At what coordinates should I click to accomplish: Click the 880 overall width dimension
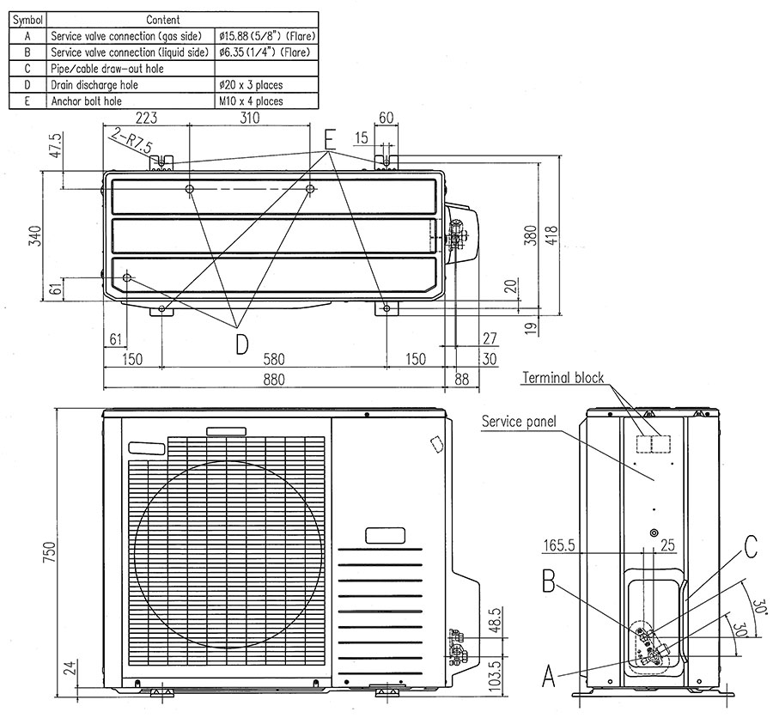tap(274, 379)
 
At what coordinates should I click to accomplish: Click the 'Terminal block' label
tap(563, 378)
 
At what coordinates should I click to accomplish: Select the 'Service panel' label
tap(519, 422)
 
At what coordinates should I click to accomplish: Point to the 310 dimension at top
tap(249, 118)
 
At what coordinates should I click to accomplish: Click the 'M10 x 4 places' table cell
tap(250, 100)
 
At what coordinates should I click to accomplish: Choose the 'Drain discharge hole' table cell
tap(94, 85)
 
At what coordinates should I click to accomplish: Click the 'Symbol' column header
tap(27, 19)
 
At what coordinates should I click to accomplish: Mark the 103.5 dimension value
tap(495, 671)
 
